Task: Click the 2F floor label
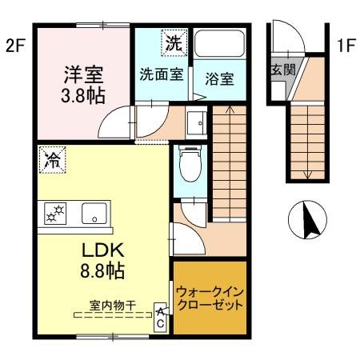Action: point(15,46)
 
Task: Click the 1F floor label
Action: point(346,46)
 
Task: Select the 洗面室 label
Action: point(162,75)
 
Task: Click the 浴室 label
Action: point(218,81)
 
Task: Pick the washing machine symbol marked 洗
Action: point(173,43)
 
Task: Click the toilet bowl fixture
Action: point(189,169)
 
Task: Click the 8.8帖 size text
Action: point(102,271)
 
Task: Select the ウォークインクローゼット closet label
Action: point(209,298)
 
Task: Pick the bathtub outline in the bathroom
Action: point(221,45)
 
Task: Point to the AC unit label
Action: point(161,317)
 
